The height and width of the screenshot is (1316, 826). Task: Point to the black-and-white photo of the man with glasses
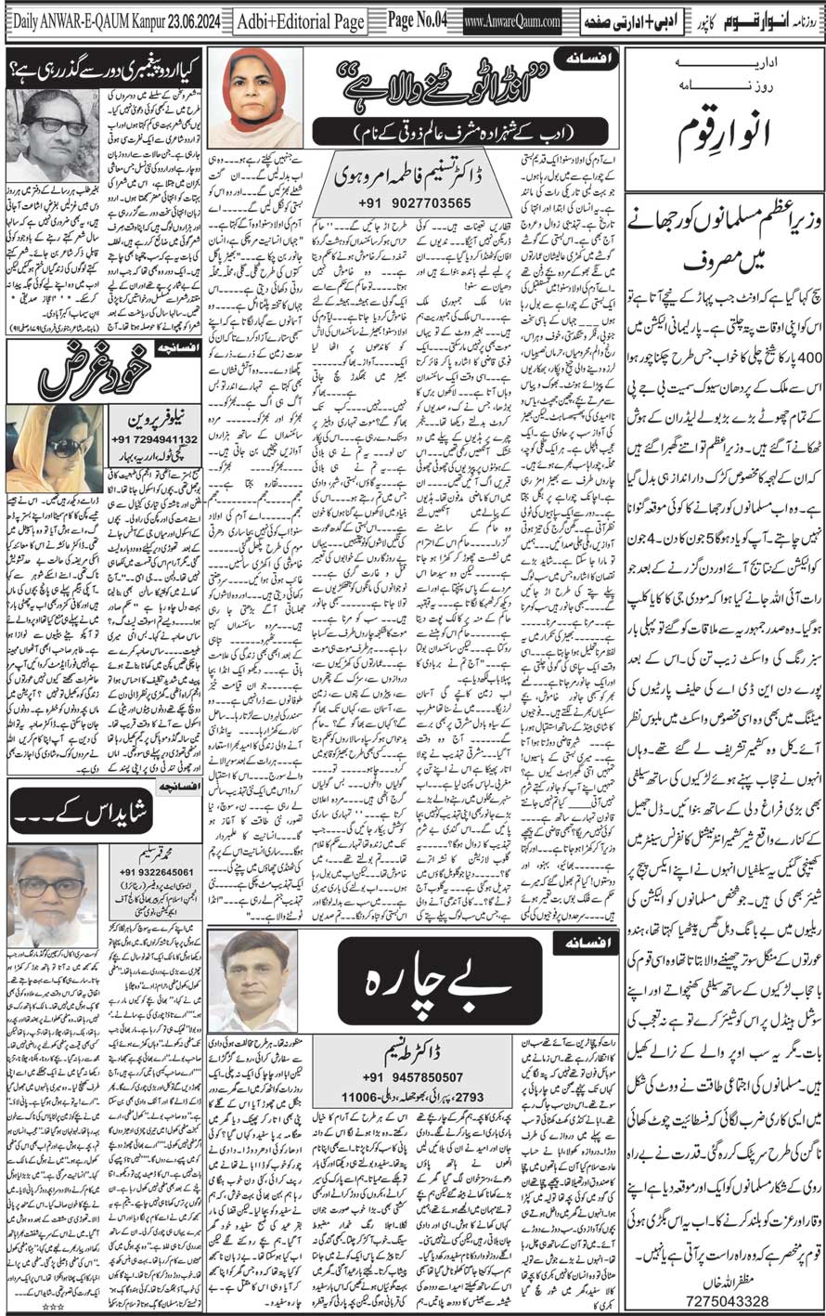[x=52, y=137]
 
